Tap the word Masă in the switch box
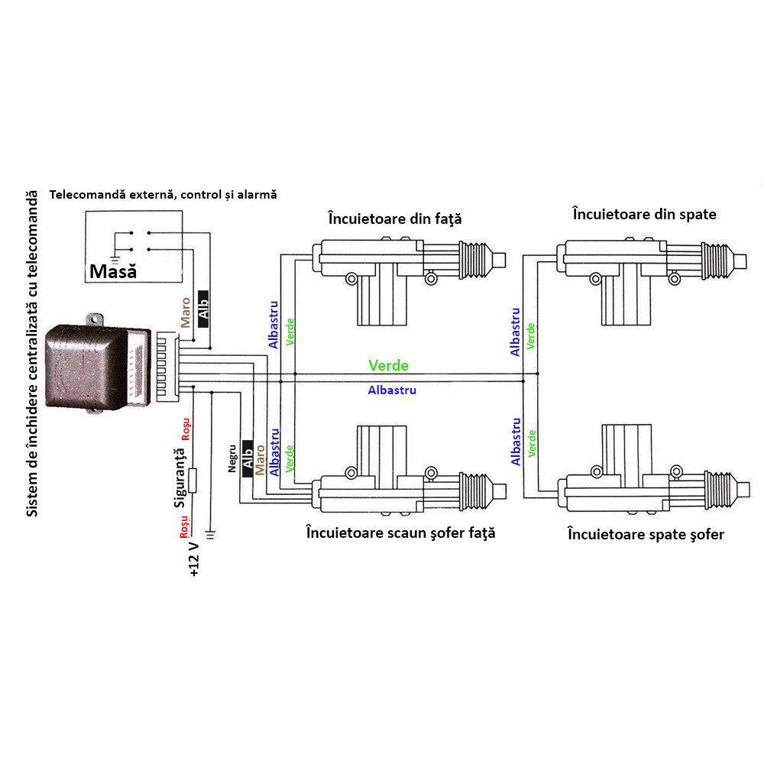(112, 271)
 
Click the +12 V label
(193, 557)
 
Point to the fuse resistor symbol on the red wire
(193, 481)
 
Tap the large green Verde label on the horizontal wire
(388, 366)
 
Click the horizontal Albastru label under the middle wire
(392, 390)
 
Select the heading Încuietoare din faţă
(395, 219)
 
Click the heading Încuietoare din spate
(644, 214)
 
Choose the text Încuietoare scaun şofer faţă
(400, 533)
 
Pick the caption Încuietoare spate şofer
(646, 534)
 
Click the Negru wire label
(232, 459)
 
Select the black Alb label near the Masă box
(203, 309)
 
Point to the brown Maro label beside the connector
(185, 312)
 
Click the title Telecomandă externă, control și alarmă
(163, 195)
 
